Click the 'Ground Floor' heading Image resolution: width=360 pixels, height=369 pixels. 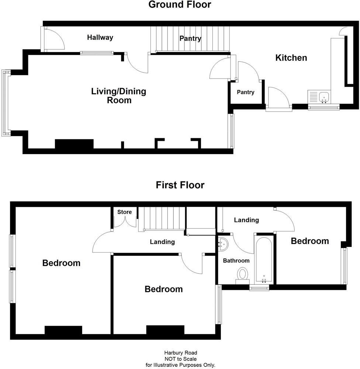pos(180,5)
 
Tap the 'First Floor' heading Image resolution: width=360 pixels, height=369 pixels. pos(180,185)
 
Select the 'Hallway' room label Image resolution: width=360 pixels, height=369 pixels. pos(100,37)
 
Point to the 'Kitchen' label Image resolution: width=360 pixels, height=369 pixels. pos(291,58)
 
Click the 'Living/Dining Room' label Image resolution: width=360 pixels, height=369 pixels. pos(119,95)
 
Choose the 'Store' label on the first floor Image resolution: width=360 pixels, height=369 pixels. pos(124,212)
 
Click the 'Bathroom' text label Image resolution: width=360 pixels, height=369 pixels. pos(236,261)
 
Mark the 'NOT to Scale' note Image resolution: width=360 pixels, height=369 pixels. pos(180,359)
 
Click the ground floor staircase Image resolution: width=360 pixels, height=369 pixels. pos(190,39)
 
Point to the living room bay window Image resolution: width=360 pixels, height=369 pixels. pos(5,103)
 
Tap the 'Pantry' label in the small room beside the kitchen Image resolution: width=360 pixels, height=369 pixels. pos(245,92)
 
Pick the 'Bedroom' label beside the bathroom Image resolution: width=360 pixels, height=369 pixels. pos(309,241)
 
